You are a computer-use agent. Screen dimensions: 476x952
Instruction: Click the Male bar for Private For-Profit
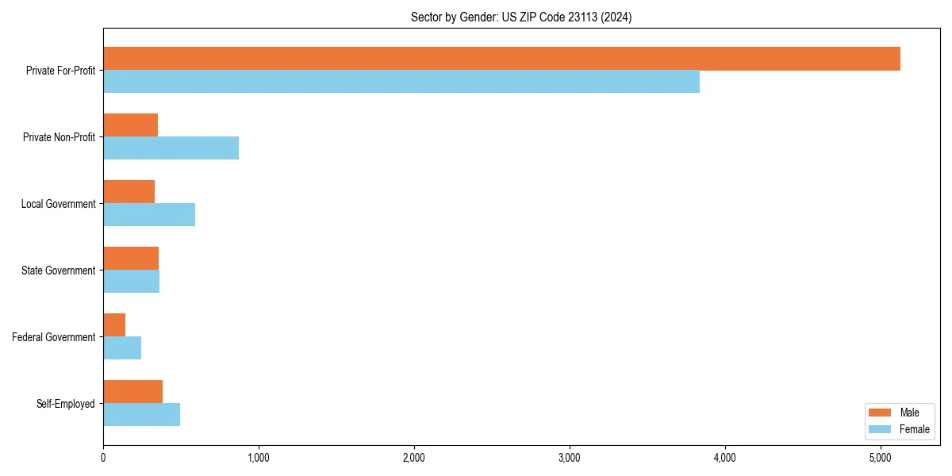pyautogui.click(x=501, y=59)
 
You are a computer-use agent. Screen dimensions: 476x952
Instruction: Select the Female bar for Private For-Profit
pyautogui.click(x=401, y=82)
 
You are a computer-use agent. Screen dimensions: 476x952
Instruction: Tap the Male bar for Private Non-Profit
pyautogui.click(x=131, y=125)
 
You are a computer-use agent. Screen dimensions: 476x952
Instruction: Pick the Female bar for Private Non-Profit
pyautogui.click(x=171, y=148)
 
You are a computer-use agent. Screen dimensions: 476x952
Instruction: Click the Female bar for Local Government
pyautogui.click(x=149, y=215)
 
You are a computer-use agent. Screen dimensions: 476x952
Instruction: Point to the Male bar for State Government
pyautogui.click(x=131, y=259)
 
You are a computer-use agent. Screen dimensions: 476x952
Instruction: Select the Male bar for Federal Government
pyautogui.click(x=114, y=325)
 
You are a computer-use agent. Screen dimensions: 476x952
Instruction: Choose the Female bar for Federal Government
pyautogui.click(x=122, y=348)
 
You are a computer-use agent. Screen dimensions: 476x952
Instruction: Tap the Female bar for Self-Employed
pyautogui.click(x=141, y=415)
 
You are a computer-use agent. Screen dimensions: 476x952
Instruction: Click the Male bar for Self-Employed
pyautogui.click(x=132, y=392)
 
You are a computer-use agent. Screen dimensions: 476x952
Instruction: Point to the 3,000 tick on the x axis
pyautogui.click(x=570, y=458)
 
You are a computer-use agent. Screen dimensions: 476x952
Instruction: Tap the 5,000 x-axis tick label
pyautogui.click(x=881, y=458)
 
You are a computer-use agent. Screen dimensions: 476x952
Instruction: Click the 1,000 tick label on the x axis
pyautogui.click(x=259, y=458)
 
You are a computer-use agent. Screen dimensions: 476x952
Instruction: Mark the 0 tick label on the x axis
pyautogui.click(x=103, y=458)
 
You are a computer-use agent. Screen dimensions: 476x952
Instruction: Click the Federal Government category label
pyautogui.click(x=54, y=337)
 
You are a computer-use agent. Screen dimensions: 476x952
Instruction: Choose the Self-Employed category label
pyautogui.click(x=66, y=404)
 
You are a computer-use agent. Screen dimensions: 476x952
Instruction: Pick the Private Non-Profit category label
pyautogui.click(x=59, y=137)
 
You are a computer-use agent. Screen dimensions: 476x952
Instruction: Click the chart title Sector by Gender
pyautogui.click(x=521, y=17)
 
